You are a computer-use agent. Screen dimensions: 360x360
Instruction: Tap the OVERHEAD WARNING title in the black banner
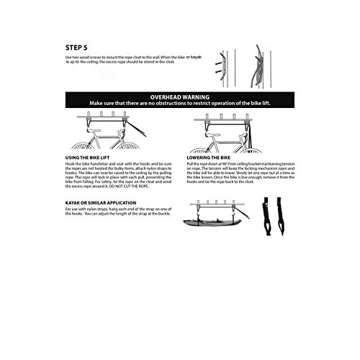pos(180,96)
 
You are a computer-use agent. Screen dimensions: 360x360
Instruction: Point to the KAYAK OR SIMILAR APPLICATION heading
pos(105,204)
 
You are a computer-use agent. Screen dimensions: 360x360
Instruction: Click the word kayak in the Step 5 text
pos(197,56)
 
